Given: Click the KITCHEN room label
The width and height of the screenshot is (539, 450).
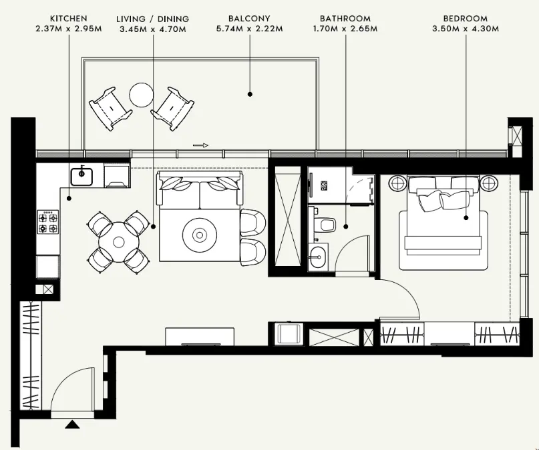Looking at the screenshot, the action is [69, 18].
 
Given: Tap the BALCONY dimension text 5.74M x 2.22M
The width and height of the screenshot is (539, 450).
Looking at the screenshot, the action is [250, 29].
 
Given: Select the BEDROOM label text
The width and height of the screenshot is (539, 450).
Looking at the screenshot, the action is [466, 18].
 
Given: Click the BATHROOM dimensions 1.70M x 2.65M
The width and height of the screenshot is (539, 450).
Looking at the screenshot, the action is [345, 29].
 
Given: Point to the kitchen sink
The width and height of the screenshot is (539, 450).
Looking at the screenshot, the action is [81, 177].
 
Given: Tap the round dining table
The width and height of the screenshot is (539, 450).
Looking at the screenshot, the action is [119, 242].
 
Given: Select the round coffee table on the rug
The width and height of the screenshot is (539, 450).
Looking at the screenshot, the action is [200, 235].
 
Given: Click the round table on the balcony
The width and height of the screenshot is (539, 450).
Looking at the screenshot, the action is [142, 95].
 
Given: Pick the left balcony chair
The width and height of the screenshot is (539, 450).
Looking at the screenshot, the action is [110, 109].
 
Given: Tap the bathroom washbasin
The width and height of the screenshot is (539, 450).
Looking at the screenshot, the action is [318, 257].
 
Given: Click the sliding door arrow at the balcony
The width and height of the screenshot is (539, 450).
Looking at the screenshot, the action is [200, 145].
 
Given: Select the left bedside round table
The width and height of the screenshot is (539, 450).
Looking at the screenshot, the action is [397, 183].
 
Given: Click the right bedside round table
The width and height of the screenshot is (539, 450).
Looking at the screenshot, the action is [488, 183].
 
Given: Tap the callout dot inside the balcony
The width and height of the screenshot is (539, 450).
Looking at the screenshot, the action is [250, 94].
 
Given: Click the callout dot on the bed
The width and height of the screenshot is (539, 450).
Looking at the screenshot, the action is [466, 218].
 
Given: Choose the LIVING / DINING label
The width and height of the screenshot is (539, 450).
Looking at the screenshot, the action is [153, 19].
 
